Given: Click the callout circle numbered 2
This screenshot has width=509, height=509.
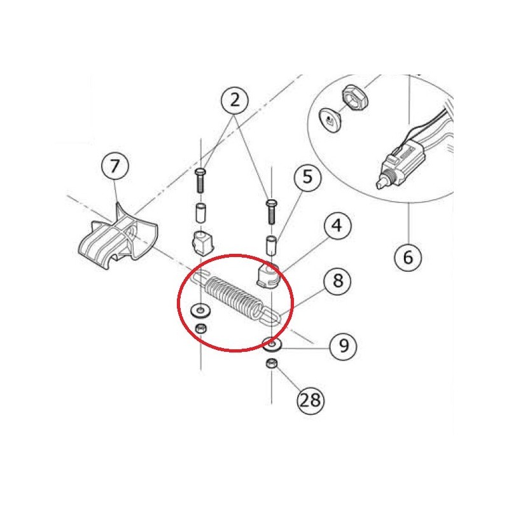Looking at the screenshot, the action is (234, 100).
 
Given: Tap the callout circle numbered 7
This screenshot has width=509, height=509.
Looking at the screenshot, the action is (115, 166).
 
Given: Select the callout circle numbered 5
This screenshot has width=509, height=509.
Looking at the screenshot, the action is (307, 178).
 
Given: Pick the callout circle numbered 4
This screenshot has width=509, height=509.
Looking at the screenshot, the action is (337, 225).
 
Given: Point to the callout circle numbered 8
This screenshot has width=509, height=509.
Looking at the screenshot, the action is (338, 280).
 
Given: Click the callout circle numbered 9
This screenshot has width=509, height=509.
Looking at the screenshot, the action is (344, 345).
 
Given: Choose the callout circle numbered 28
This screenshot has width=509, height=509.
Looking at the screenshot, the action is (310, 400).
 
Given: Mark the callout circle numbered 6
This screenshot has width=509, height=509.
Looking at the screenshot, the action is (408, 258).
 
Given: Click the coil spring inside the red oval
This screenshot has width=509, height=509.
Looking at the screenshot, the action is (234, 298).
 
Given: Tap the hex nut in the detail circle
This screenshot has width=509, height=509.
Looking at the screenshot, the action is (355, 97).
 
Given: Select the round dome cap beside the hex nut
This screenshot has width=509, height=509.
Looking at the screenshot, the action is (330, 120).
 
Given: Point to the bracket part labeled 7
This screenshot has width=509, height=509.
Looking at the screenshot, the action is (118, 237).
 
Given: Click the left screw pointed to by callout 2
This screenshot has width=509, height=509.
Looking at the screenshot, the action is (200, 181).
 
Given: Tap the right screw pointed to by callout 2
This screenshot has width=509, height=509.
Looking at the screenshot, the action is (272, 212).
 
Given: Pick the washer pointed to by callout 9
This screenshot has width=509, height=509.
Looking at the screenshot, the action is (272, 344).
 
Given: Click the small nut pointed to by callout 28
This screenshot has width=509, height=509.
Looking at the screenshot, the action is (272, 363).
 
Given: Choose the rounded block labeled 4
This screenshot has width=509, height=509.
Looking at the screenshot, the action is (268, 275).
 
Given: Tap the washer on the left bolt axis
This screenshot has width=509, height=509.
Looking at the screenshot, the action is (200, 310).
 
